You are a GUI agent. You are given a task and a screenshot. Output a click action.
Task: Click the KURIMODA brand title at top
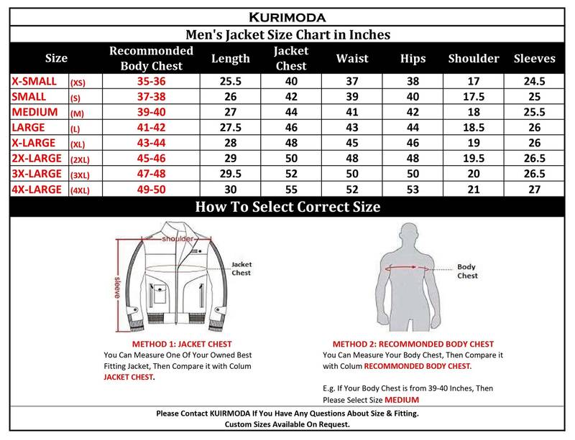click(x=287, y=15)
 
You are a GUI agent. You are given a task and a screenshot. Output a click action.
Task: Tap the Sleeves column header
click(x=535, y=58)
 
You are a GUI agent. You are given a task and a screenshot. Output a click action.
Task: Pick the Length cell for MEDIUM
click(x=231, y=112)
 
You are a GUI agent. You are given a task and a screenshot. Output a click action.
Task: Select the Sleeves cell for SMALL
click(x=535, y=97)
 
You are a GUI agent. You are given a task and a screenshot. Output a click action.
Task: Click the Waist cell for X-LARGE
click(x=352, y=142)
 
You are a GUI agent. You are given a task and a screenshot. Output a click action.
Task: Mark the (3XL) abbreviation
click(x=80, y=173)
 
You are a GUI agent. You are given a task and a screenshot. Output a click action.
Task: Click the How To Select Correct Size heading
click(x=287, y=207)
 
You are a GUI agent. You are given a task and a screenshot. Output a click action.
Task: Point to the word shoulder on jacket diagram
click(x=178, y=238)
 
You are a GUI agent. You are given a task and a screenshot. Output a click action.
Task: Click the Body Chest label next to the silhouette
click(x=467, y=271)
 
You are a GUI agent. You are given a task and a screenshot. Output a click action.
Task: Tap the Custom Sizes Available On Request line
click(x=287, y=425)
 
